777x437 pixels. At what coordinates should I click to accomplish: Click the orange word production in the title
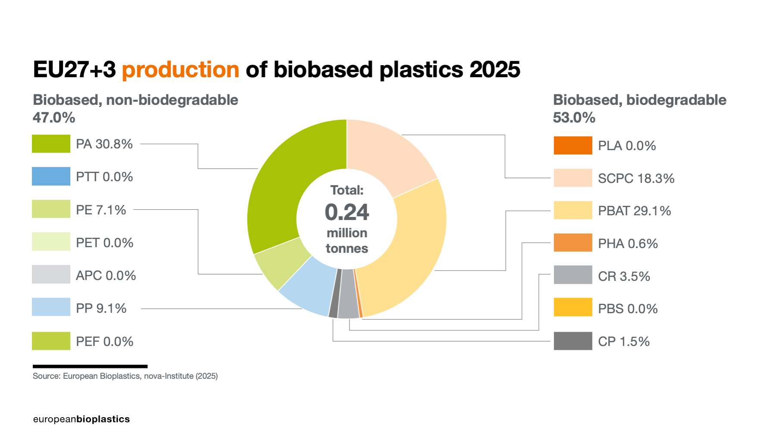coord(180,70)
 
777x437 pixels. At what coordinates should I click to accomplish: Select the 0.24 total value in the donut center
coord(347,212)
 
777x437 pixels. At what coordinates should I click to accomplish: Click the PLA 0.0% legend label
coord(627,146)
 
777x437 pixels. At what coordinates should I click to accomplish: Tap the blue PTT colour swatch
coord(51,176)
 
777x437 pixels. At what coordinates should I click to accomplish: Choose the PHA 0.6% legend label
coord(628,244)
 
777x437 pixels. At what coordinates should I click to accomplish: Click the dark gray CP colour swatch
coord(573,341)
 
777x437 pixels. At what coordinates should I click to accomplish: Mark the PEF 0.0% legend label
coord(104,342)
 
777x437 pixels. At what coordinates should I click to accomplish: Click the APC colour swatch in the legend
coord(51,274)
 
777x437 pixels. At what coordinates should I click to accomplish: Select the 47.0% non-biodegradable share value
coord(54,118)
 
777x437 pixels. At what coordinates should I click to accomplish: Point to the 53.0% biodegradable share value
coord(574,118)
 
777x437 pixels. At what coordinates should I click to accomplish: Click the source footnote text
coord(125,376)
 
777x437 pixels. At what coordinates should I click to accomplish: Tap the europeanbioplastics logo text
coord(82,419)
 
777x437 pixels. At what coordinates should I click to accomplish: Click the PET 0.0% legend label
coord(104,243)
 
